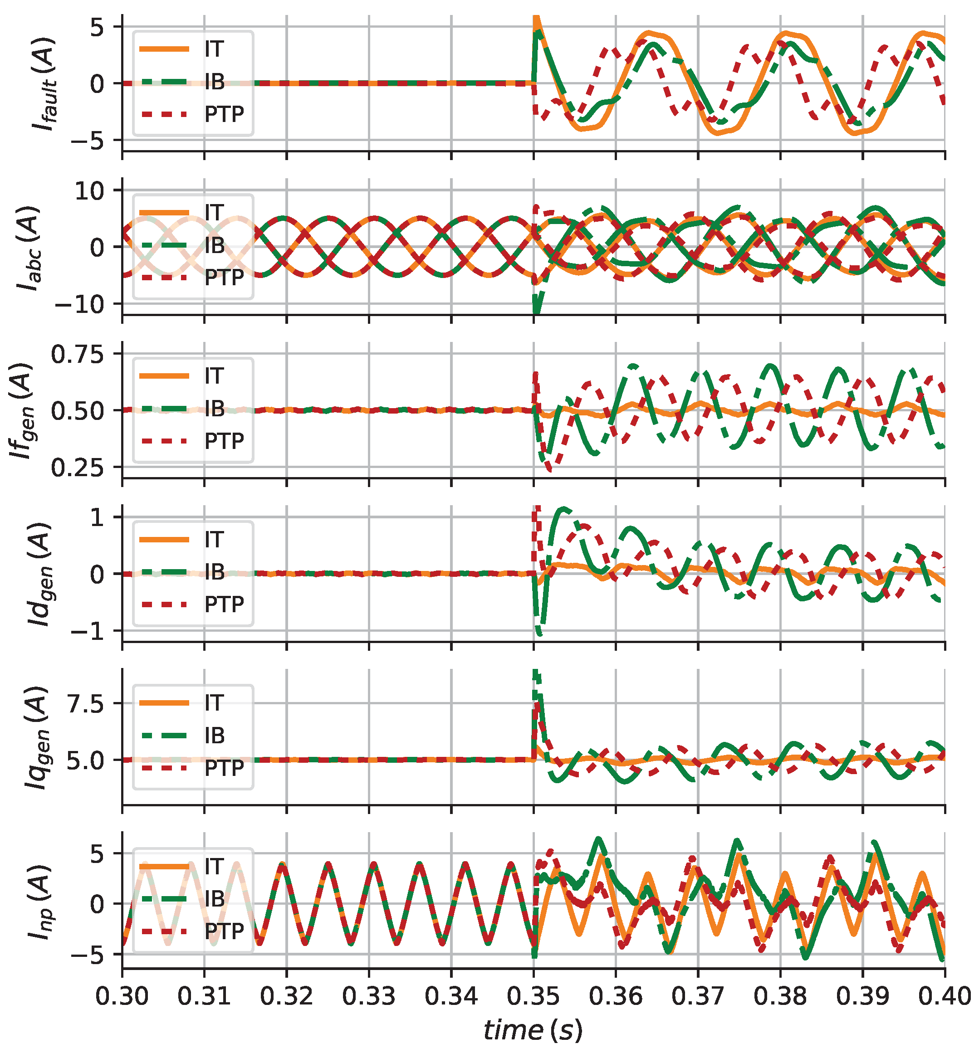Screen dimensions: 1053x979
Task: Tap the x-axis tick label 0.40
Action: (945, 996)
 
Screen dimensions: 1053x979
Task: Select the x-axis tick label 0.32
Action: (286, 996)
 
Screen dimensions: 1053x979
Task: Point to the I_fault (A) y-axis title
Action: (44, 84)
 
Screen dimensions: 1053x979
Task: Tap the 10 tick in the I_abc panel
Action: (90, 190)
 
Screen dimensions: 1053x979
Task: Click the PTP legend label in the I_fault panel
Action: (224, 114)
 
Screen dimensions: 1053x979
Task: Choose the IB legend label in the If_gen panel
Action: (215, 409)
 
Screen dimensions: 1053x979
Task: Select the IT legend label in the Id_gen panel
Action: (214, 539)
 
